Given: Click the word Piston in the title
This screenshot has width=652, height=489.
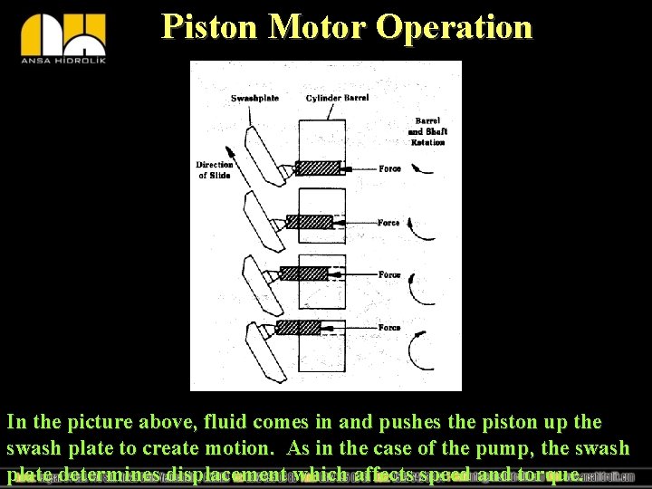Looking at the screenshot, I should tap(210, 26).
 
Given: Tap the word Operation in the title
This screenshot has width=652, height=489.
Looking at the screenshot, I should tap(455, 26).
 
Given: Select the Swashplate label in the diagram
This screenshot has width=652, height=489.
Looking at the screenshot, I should tap(254, 98).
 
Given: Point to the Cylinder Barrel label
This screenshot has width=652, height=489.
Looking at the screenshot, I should tap(337, 98).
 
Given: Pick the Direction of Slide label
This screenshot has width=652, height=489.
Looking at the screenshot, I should tap(215, 169).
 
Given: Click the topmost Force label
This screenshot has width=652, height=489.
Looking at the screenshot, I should tap(389, 168).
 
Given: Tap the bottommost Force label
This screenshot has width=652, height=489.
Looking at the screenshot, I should tap(389, 328).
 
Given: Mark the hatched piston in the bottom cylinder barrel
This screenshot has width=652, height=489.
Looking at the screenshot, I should tap(298, 327).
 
